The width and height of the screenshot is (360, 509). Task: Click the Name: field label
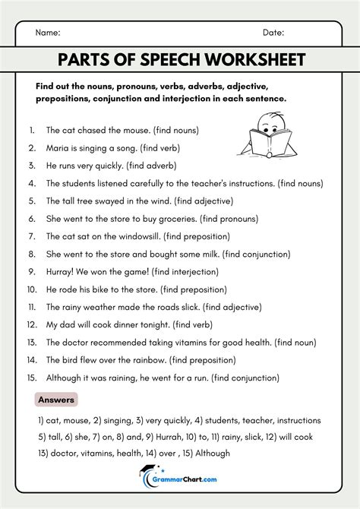[48, 33]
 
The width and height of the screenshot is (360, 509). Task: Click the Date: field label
[273, 33]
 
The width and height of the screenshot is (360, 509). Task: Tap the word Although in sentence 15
[65, 378]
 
